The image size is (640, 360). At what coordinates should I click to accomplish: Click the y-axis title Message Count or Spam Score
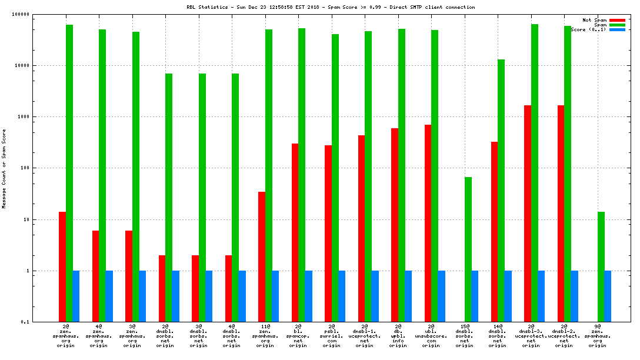coord(4,169)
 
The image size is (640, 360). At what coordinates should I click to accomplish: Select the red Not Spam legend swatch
coord(617,20)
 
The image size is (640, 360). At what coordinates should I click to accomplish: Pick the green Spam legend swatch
coord(617,25)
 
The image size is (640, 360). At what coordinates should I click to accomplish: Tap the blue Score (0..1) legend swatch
coord(617,29)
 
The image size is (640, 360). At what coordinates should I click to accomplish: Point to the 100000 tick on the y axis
coord(35,14)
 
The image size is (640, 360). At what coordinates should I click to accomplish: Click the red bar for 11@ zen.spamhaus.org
coord(262,256)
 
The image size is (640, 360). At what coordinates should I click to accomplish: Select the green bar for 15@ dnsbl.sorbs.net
coord(468,249)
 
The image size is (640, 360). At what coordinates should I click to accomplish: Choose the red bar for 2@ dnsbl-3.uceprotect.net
coord(528,214)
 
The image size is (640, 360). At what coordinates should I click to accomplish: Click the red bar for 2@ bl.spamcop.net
coord(295,232)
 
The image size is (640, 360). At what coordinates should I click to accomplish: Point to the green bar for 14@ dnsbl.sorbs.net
coord(501,191)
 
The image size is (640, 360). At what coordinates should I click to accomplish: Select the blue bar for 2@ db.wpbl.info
coord(408,296)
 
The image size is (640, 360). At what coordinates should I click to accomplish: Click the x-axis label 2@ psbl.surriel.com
coord(331,335)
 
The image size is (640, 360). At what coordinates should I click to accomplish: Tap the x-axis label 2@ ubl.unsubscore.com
coord(431,335)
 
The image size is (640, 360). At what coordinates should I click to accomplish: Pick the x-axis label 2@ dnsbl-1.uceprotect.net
coord(365,335)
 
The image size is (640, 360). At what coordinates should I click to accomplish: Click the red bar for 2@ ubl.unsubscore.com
coord(428,223)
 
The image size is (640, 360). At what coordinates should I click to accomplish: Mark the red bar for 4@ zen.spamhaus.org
coord(95,276)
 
